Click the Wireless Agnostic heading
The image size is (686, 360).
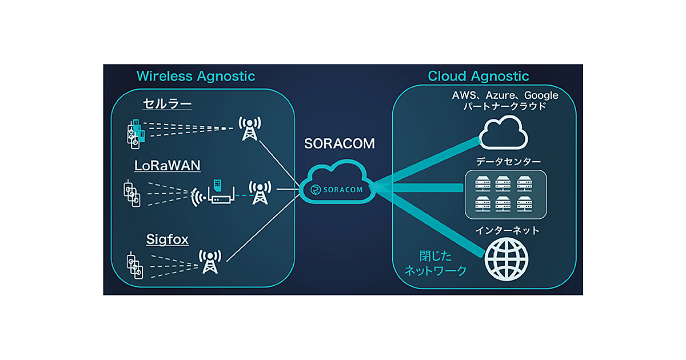pyautogui.click(x=196, y=76)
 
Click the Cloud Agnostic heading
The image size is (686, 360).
pyautogui.click(x=478, y=76)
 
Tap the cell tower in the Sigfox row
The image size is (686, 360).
pyautogui.click(x=210, y=262)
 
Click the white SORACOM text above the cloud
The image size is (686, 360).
pyautogui.click(x=340, y=144)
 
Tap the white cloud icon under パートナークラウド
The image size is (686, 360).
pyautogui.click(x=503, y=135)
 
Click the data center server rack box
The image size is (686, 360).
pyautogui.click(x=503, y=194)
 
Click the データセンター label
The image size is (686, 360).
pyautogui.click(x=504, y=162)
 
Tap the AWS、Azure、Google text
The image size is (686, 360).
pyautogui.click(x=504, y=95)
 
